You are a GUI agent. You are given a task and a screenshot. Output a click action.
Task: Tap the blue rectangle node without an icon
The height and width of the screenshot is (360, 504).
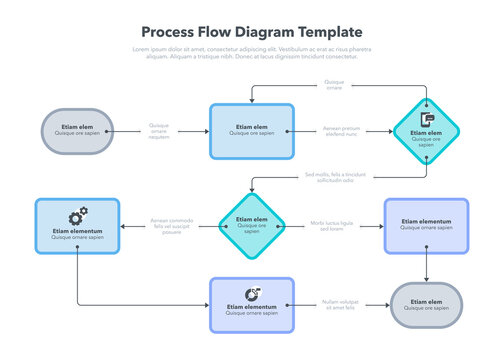click(x=251, y=131)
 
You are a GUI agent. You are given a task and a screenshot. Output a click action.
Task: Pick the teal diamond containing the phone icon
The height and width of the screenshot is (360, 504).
click(x=426, y=131)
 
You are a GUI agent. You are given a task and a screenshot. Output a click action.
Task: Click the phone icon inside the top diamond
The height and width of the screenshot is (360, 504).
click(x=427, y=120)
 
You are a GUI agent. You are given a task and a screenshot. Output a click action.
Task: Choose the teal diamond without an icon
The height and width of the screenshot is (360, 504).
click(x=252, y=225)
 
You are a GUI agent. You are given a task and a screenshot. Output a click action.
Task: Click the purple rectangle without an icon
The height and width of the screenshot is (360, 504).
click(x=426, y=226)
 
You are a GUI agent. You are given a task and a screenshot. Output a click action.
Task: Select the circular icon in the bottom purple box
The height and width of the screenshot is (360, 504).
click(x=252, y=293)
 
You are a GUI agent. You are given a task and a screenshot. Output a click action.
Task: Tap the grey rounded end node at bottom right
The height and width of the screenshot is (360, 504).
click(x=426, y=305)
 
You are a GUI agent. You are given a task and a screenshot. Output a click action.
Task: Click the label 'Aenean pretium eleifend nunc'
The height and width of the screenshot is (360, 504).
click(x=341, y=131)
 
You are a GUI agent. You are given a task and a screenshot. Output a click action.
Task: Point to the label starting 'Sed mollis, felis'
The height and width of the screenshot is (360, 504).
click(x=329, y=177)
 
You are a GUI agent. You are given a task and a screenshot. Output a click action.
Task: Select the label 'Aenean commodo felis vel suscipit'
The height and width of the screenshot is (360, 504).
click(x=166, y=226)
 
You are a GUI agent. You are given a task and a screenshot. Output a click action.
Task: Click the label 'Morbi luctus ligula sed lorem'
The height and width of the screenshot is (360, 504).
click(x=332, y=226)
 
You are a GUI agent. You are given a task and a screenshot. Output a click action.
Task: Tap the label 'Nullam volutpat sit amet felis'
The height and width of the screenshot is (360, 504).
click(x=339, y=304)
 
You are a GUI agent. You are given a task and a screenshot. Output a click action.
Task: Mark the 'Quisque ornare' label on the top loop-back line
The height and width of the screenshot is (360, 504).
click(x=333, y=84)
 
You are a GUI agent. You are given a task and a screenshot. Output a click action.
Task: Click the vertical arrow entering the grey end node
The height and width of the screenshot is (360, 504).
click(x=427, y=268)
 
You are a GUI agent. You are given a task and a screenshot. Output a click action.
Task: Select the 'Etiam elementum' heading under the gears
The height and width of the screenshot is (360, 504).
click(x=77, y=232)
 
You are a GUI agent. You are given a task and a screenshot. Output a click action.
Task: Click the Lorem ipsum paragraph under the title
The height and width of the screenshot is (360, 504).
click(x=251, y=53)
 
